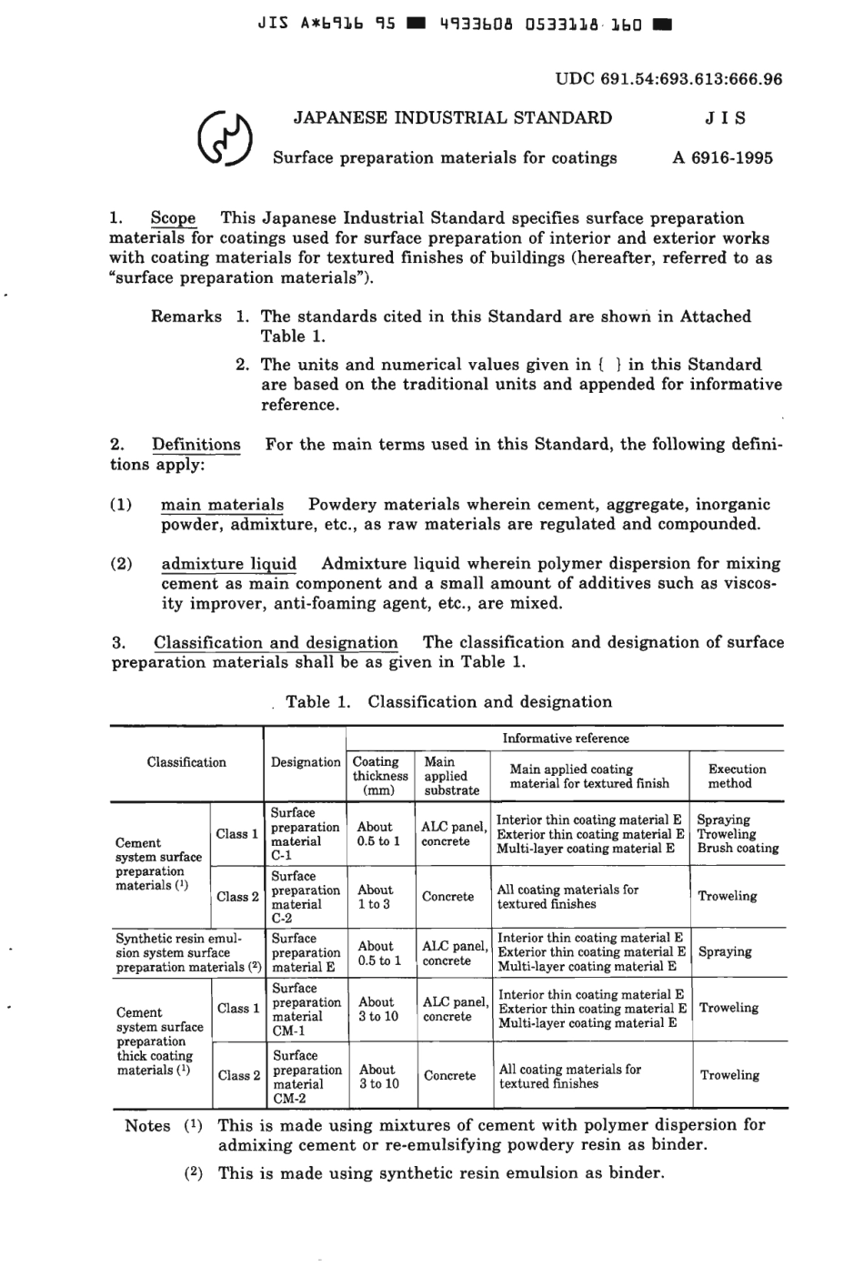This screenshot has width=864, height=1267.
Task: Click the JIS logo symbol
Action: (223, 140)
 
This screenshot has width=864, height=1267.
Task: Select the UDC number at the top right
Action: (668, 79)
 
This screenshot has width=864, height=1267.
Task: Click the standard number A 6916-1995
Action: (723, 157)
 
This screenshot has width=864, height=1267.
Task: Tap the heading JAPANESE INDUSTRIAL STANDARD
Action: (452, 117)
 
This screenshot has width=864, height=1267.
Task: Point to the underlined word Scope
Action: (173, 218)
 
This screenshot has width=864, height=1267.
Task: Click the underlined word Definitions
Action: (196, 445)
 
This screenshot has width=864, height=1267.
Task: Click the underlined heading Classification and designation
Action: (276, 642)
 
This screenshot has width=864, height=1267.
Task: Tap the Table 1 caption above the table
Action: (448, 702)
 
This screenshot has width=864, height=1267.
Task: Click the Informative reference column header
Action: (565, 739)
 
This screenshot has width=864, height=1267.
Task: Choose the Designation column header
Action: (306, 762)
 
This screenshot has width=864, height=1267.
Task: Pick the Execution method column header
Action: (737, 776)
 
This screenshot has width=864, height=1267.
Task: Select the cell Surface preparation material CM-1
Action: (306, 1010)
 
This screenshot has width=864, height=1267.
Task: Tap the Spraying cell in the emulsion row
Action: (725, 952)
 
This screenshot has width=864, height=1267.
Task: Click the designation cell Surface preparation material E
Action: (306, 952)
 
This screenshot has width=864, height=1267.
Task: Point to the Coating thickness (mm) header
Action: (380, 776)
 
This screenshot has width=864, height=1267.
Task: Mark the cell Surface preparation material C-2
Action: (306, 897)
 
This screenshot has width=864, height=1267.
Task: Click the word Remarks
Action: (186, 317)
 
